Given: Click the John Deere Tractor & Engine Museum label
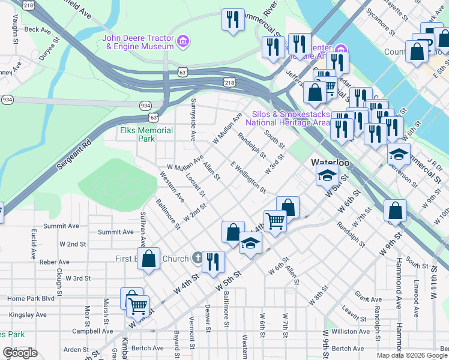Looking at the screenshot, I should tap(138, 41).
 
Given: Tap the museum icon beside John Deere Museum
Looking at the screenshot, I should tap(184, 41).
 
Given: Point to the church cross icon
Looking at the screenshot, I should tap(197, 259).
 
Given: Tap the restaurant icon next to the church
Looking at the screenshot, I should tap(214, 262).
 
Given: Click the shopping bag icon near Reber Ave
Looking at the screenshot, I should tap(149, 259).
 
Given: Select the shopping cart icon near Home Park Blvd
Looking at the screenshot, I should tap(138, 306).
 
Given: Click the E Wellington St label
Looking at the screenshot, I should tap(248, 177).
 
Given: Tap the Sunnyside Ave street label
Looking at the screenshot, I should tap(193, 120).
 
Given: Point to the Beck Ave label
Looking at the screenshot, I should tap(37, 29).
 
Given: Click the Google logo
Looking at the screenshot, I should tap(20, 353).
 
